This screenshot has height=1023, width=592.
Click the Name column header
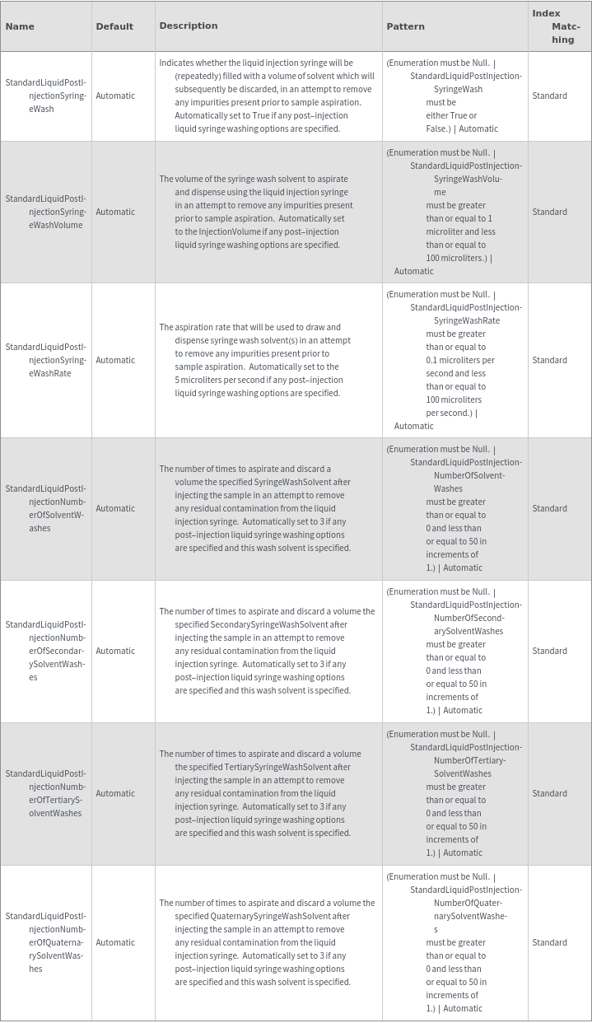20,26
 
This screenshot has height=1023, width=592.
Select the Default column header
114,26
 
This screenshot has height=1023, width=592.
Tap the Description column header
189,26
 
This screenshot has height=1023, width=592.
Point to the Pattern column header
406,26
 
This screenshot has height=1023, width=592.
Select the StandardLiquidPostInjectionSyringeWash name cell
45,96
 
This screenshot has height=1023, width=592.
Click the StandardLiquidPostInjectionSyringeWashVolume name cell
45,212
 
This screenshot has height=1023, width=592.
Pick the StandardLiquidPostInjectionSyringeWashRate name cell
45,360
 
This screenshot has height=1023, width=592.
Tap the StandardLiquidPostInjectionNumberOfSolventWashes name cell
45,508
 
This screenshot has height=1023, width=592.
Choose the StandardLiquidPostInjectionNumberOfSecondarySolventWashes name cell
45,651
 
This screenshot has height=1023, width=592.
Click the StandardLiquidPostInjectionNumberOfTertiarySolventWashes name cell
45,793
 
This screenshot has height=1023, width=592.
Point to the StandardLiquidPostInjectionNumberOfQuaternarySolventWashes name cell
45,942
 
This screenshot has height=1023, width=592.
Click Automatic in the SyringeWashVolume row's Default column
115,212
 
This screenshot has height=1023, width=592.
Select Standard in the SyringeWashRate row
549,360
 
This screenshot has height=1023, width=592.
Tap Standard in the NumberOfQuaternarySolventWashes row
549,942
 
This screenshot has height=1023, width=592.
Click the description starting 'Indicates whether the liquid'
267,96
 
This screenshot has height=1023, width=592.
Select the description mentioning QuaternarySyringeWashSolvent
267,942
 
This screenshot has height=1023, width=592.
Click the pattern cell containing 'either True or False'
454,96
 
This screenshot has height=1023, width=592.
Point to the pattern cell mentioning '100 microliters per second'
454,360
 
